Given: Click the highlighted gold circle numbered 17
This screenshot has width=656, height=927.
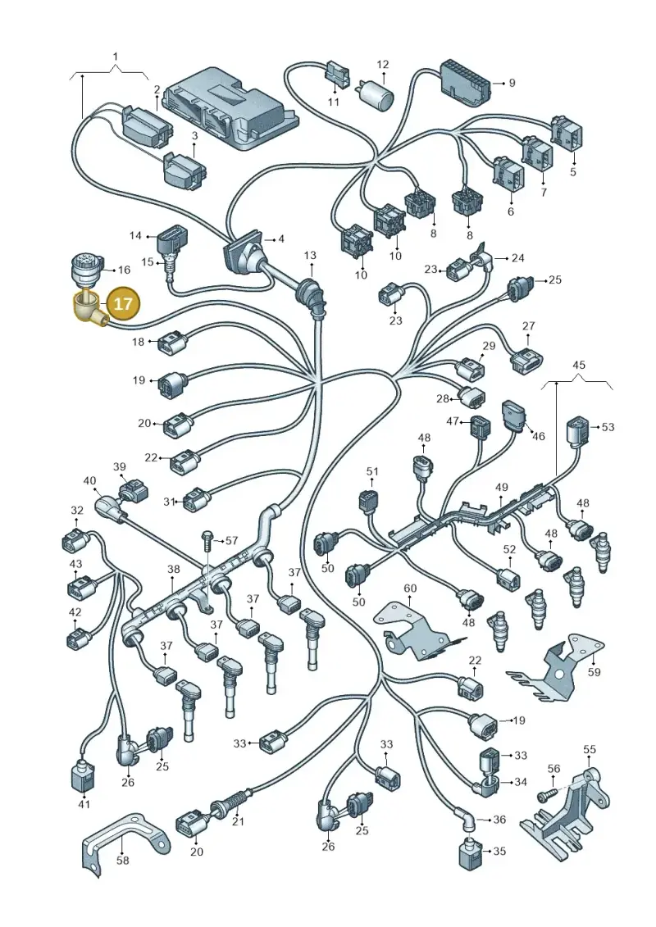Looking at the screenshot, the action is [x=123, y=304].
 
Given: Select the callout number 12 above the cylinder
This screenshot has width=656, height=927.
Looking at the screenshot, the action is [x=383, y=65].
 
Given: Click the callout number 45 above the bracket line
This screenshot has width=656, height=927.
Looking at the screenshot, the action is [x=579, y=365].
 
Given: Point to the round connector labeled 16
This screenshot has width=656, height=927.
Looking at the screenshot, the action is [x=86, y=270].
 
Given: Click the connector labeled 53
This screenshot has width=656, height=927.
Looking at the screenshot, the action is [x=579, y=432].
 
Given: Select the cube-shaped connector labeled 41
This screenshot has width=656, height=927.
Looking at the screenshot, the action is [x=84, y=776].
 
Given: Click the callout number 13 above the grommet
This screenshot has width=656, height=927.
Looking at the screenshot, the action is [x=310, y=256].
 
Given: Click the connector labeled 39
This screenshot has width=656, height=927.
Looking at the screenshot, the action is [x=133, y=492].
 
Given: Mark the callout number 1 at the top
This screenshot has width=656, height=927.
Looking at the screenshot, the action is [x=116, y=57].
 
